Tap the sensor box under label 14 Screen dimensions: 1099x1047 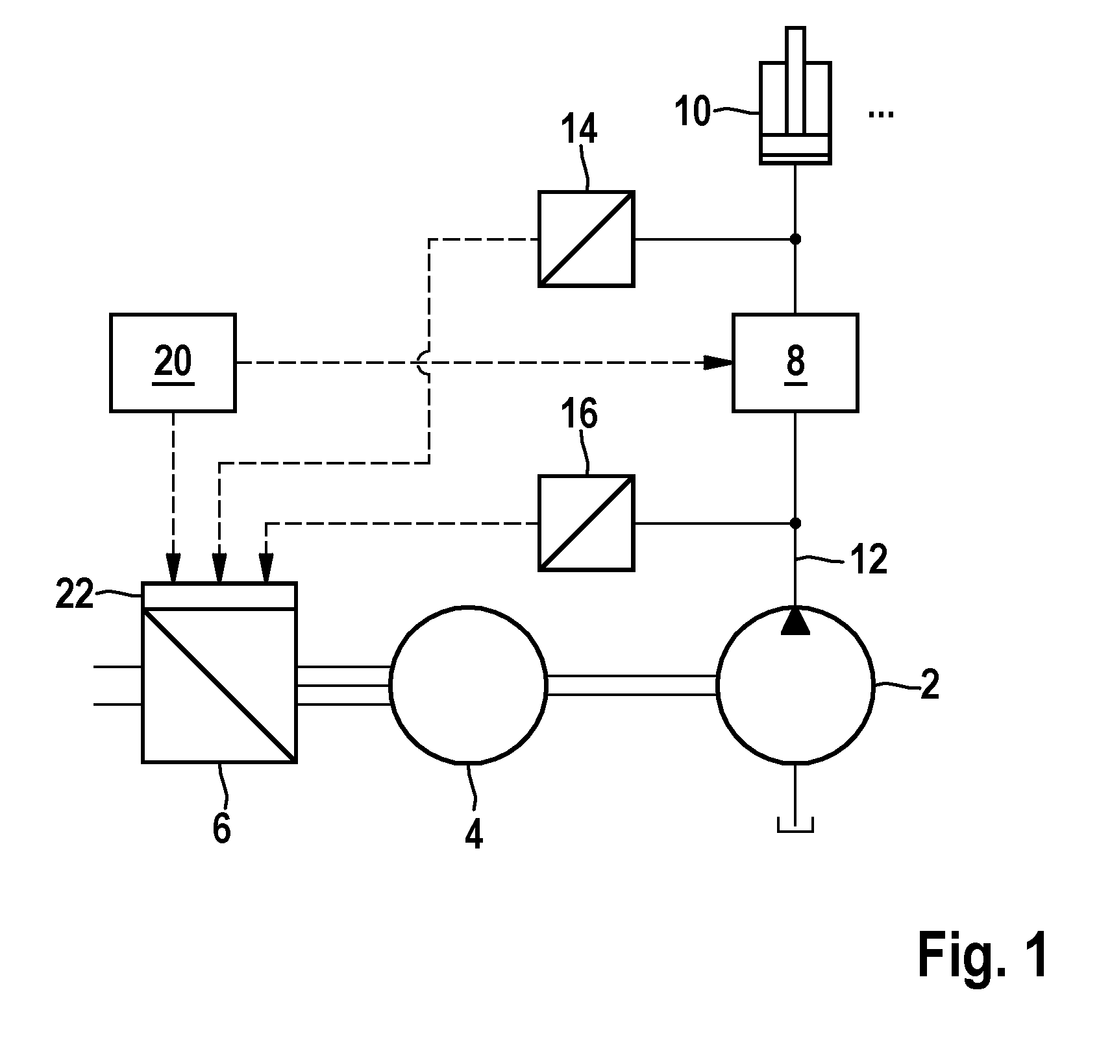click(586, 239)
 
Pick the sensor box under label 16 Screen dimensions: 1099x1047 click(586, 523)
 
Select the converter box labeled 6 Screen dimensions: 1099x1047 click(219, 672)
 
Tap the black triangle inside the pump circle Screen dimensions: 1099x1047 click(795, 621)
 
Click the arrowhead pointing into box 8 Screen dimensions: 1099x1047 click(719, 363)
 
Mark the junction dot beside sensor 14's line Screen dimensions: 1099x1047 click(795, 239)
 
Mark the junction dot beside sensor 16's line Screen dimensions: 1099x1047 click(795, 523)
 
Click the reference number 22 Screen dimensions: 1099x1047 click(75, 594)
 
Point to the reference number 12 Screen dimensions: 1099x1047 click(869, 559)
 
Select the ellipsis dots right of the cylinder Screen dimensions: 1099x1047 click(881, 115)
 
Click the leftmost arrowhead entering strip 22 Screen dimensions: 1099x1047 click(173, 570)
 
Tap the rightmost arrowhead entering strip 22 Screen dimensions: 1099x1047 click(265, 570)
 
